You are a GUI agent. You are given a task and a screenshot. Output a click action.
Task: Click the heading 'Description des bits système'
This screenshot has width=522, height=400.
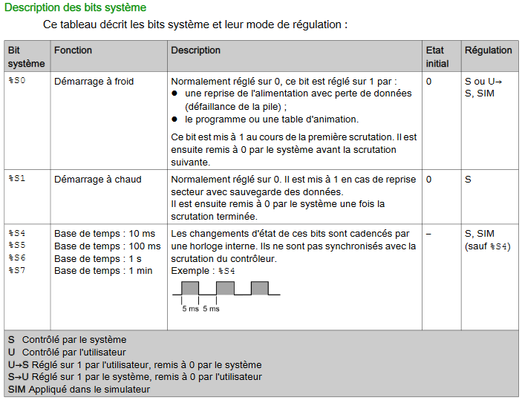tap(75, 7)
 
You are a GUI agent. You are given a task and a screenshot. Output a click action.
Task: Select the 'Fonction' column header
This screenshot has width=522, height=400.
tap(73, 50)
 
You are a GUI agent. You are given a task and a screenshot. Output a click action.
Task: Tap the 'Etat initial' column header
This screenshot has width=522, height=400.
tap(437, 56)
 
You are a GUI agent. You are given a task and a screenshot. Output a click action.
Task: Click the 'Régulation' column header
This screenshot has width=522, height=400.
tap(488, 50)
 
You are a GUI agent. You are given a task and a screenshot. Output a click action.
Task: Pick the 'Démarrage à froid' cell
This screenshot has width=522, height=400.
tap(94, 81)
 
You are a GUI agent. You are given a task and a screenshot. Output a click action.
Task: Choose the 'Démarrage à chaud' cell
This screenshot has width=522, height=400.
tap(97, 179)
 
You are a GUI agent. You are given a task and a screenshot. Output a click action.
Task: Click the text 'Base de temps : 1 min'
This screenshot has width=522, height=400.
tap(102, 271)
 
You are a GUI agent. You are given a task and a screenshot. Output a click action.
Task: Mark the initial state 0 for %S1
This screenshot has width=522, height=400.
tap(428, 179)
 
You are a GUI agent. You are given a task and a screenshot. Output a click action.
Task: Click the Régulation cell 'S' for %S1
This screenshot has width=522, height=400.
tap(468, 179)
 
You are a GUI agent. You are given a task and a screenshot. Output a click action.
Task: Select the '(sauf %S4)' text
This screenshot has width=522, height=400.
tap(487, 246)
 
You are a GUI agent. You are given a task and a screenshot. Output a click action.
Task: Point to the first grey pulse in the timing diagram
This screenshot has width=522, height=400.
tap(191, 288)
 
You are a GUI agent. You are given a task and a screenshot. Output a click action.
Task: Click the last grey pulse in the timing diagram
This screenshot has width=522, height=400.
tap(259, 288)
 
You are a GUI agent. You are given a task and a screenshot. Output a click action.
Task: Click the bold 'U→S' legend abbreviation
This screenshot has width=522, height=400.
tap(19, 364)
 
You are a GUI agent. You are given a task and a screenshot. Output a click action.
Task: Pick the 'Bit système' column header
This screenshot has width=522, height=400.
tap(26, 56)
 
